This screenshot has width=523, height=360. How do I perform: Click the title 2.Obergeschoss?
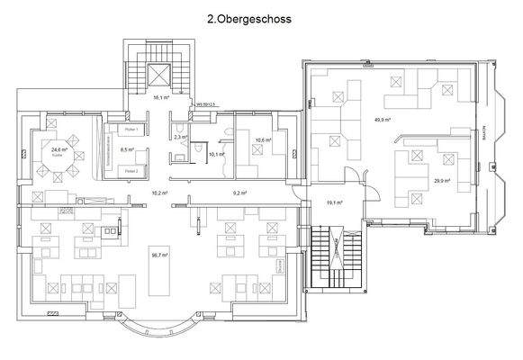coord(261,17)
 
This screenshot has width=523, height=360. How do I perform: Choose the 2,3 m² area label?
coord(178,137)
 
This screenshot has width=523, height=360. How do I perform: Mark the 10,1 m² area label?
coord(215,155)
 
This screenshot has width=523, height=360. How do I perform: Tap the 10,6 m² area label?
coord(262,139)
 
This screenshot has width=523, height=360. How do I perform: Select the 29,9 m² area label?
coord(442,181)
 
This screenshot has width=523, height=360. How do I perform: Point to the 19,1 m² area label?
coord(331,203)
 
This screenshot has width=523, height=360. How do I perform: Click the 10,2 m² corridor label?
coord(160,193)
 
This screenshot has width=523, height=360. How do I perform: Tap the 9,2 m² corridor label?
coord(239,193)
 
